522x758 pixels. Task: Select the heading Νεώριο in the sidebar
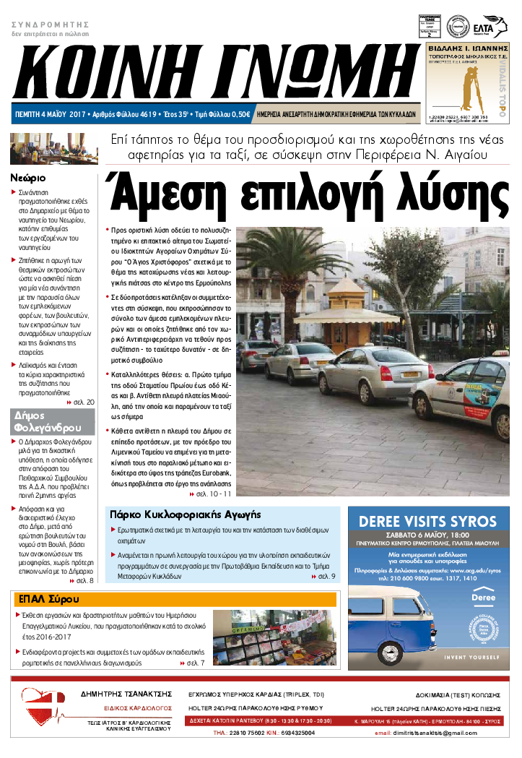(29, 177)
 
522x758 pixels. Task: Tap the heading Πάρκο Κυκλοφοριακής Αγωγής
(184, 514)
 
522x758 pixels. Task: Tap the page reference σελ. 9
(327, 577)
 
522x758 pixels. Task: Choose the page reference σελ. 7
(195, 662)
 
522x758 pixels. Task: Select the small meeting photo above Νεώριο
(34, 150)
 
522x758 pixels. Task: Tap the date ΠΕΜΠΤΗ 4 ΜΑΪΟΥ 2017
(51, 114)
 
